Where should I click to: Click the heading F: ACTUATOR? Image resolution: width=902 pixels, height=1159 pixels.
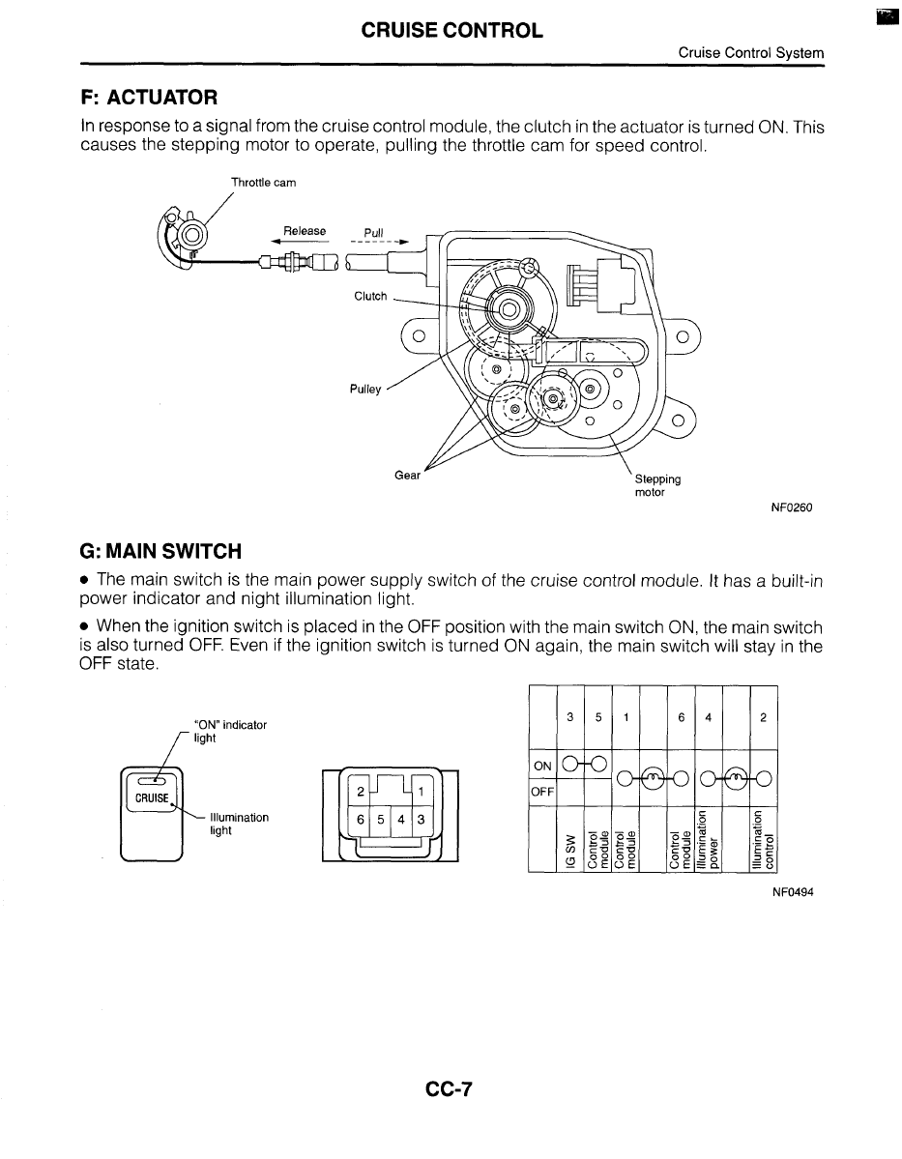(149, 98)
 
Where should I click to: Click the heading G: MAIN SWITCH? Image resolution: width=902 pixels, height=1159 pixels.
(160, 551)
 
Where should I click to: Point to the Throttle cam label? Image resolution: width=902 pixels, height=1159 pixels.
(263, 182)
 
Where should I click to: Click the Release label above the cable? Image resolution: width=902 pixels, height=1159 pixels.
(305, 231)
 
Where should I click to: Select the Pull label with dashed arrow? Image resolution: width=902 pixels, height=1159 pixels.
(374, 232)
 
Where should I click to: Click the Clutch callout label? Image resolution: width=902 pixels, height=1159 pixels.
(370, 296)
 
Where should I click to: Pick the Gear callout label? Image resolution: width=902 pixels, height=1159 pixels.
(408, 475)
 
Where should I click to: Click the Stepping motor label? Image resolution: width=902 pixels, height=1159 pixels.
(657, 485)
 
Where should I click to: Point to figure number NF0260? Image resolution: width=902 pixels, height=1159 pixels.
(791, 508)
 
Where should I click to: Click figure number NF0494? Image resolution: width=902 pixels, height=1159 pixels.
(793, 892)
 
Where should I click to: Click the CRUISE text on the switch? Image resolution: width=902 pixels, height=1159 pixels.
(151, 797)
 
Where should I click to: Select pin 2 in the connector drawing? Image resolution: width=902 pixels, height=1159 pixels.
(360, 791)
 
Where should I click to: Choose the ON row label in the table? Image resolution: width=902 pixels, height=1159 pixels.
(542, 766)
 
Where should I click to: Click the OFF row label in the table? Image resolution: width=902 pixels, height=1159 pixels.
(542, 792)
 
